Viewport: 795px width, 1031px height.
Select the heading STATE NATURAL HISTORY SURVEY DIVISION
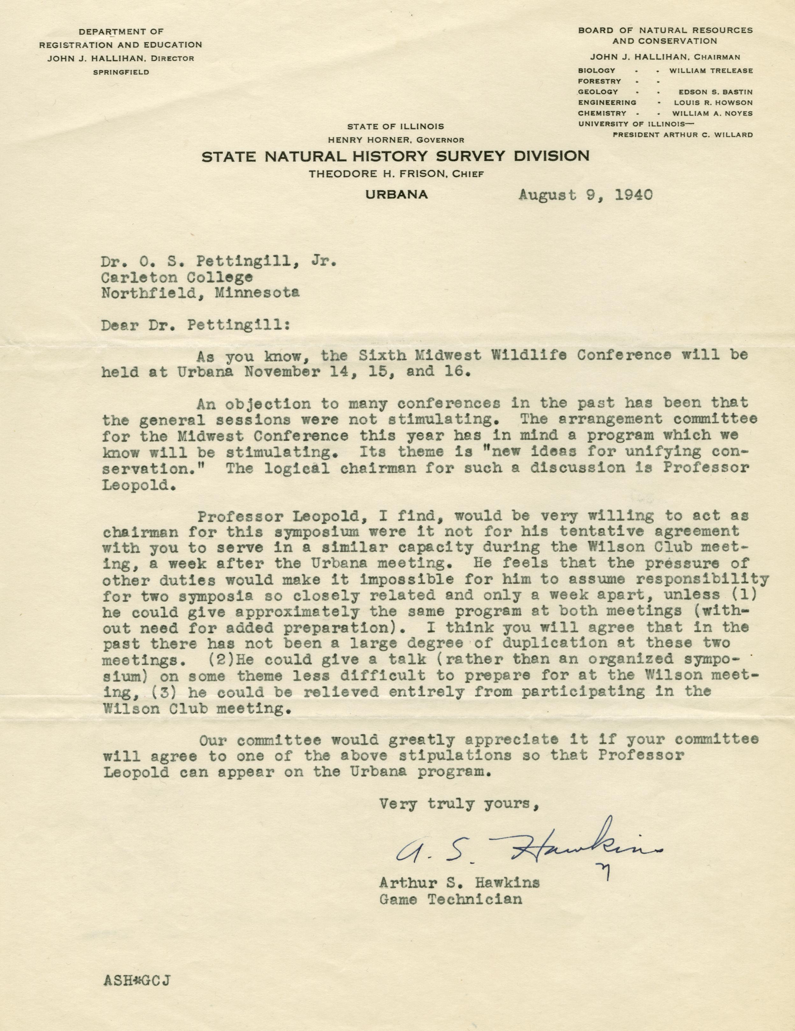pos(396,156)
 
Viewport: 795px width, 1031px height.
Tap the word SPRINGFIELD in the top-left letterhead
pos(121,72)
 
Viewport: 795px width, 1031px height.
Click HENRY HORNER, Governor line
pos(396,140)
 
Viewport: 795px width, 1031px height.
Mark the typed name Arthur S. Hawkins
pos(460,882)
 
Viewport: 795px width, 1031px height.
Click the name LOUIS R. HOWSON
pos(712,103)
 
